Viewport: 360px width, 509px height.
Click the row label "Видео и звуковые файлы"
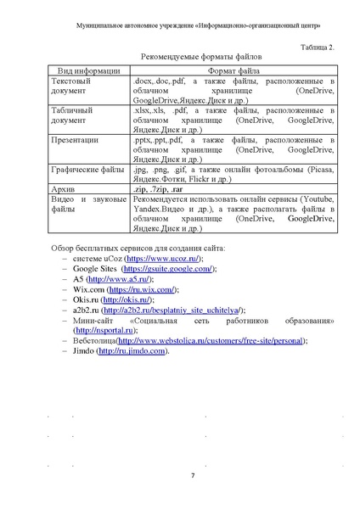[x=87, y=204]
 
